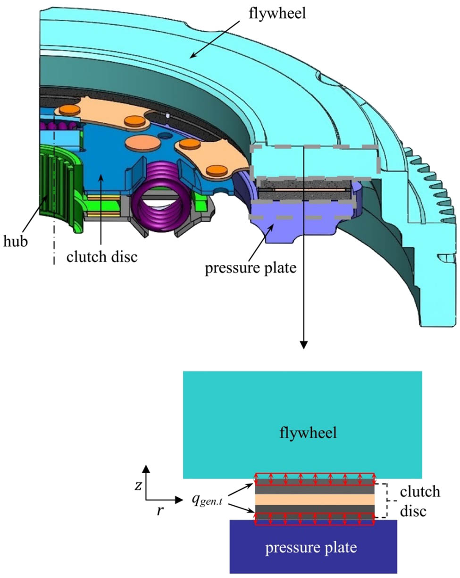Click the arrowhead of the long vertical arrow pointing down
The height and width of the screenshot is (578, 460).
304,345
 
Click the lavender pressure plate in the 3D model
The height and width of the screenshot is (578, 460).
278,222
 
